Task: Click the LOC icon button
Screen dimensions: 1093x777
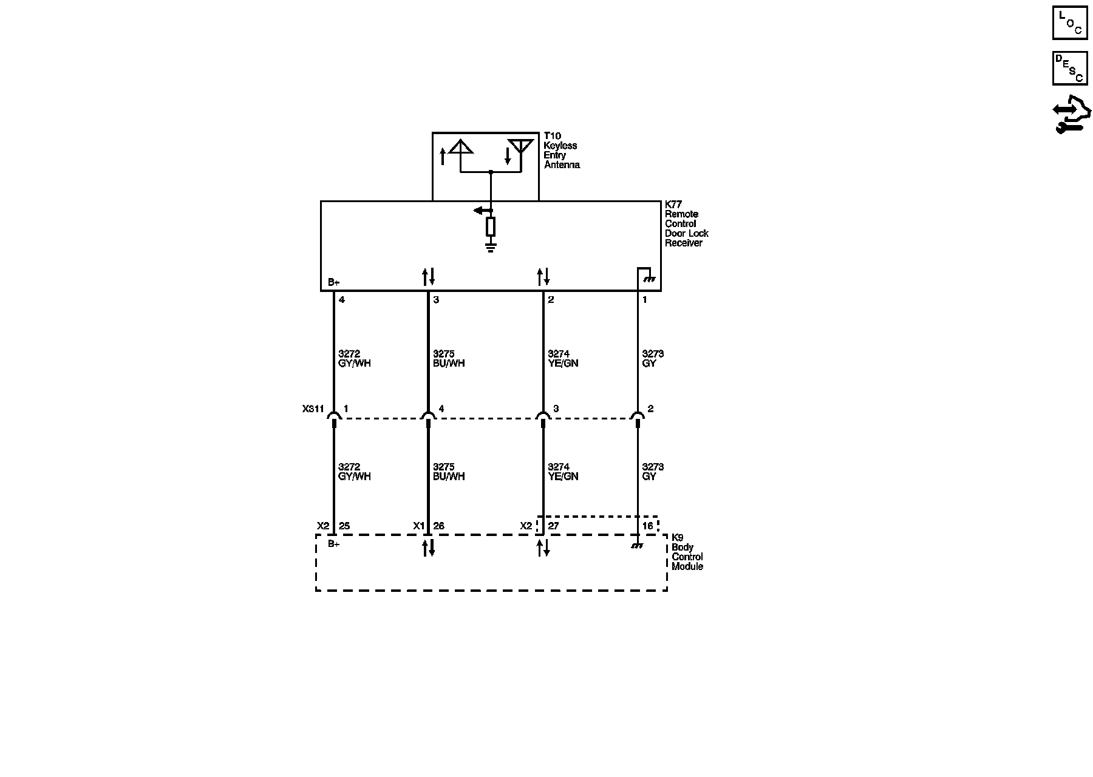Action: click(1069, 23)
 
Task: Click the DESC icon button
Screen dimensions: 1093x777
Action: click(1069, 68)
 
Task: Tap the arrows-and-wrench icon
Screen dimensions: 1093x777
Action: click(1071, 115)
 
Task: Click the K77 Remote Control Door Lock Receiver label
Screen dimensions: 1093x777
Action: click(686, 224)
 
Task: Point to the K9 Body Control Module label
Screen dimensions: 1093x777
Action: click(687, 552)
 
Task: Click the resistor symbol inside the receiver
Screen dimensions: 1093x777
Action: click(491, 226)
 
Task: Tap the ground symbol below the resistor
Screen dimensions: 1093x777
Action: click(491, 246)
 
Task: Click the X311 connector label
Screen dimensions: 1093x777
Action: click(313, 409)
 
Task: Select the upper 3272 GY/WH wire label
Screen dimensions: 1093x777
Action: click(354, 359)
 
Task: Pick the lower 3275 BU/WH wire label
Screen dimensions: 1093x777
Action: click(449, 472)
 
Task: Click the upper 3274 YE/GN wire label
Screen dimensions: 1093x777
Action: click(563, 359)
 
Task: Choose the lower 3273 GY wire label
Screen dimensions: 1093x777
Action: click(653, 472)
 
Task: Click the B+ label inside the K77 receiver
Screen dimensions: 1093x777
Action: click(333, 282)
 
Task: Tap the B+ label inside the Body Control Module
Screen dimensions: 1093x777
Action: click(333, 544)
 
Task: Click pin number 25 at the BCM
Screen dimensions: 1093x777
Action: click(344, 526)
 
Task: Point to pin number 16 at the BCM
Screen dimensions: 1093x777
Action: click(648, 526)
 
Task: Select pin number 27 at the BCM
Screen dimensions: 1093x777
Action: click(553, 526)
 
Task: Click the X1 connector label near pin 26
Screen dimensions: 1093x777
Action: click(418, 526)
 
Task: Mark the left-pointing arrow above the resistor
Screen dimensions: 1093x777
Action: click(483, 211)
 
